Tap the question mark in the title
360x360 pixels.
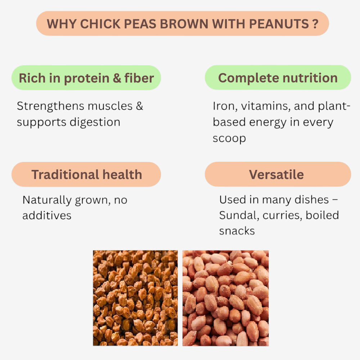(315, 24)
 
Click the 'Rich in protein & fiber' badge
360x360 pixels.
(86, 78)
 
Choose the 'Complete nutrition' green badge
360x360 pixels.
(278, 78)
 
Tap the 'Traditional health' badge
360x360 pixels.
(86, 175)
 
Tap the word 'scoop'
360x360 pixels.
(229, 138)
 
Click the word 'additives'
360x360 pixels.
(47, 215)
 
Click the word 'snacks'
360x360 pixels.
(237, 231)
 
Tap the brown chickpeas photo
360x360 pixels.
(135, 298)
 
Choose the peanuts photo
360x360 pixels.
(225, 298)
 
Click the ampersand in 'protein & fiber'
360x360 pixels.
(117, 78)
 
